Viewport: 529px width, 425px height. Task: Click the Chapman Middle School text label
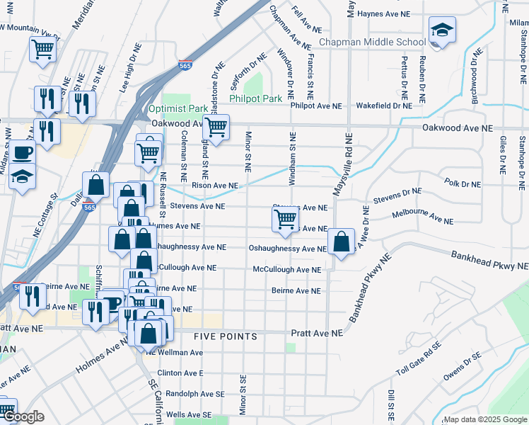(372, 42)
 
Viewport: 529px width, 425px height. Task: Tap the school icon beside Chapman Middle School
(442, 30)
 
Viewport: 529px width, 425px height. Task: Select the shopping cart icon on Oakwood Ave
(216, 128)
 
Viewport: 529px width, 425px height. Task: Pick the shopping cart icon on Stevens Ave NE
(285, 220)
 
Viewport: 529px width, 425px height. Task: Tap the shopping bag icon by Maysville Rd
(341, 242)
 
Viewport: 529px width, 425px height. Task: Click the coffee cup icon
(22, 152)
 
